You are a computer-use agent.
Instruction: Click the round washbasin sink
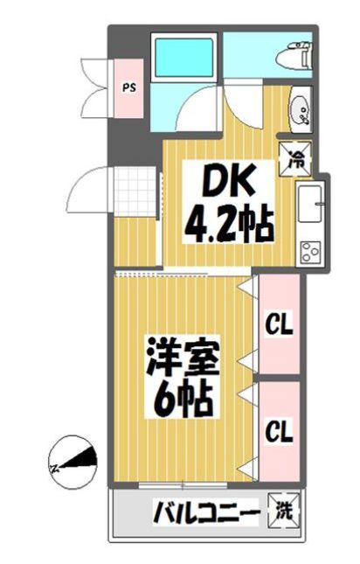coord(297,109)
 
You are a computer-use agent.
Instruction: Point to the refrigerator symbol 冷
coord(294,158)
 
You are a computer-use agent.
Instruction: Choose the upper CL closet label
coord(279,326)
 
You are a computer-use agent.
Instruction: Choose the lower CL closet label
coord(279,430)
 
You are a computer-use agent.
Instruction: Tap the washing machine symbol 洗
coord(285,508)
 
